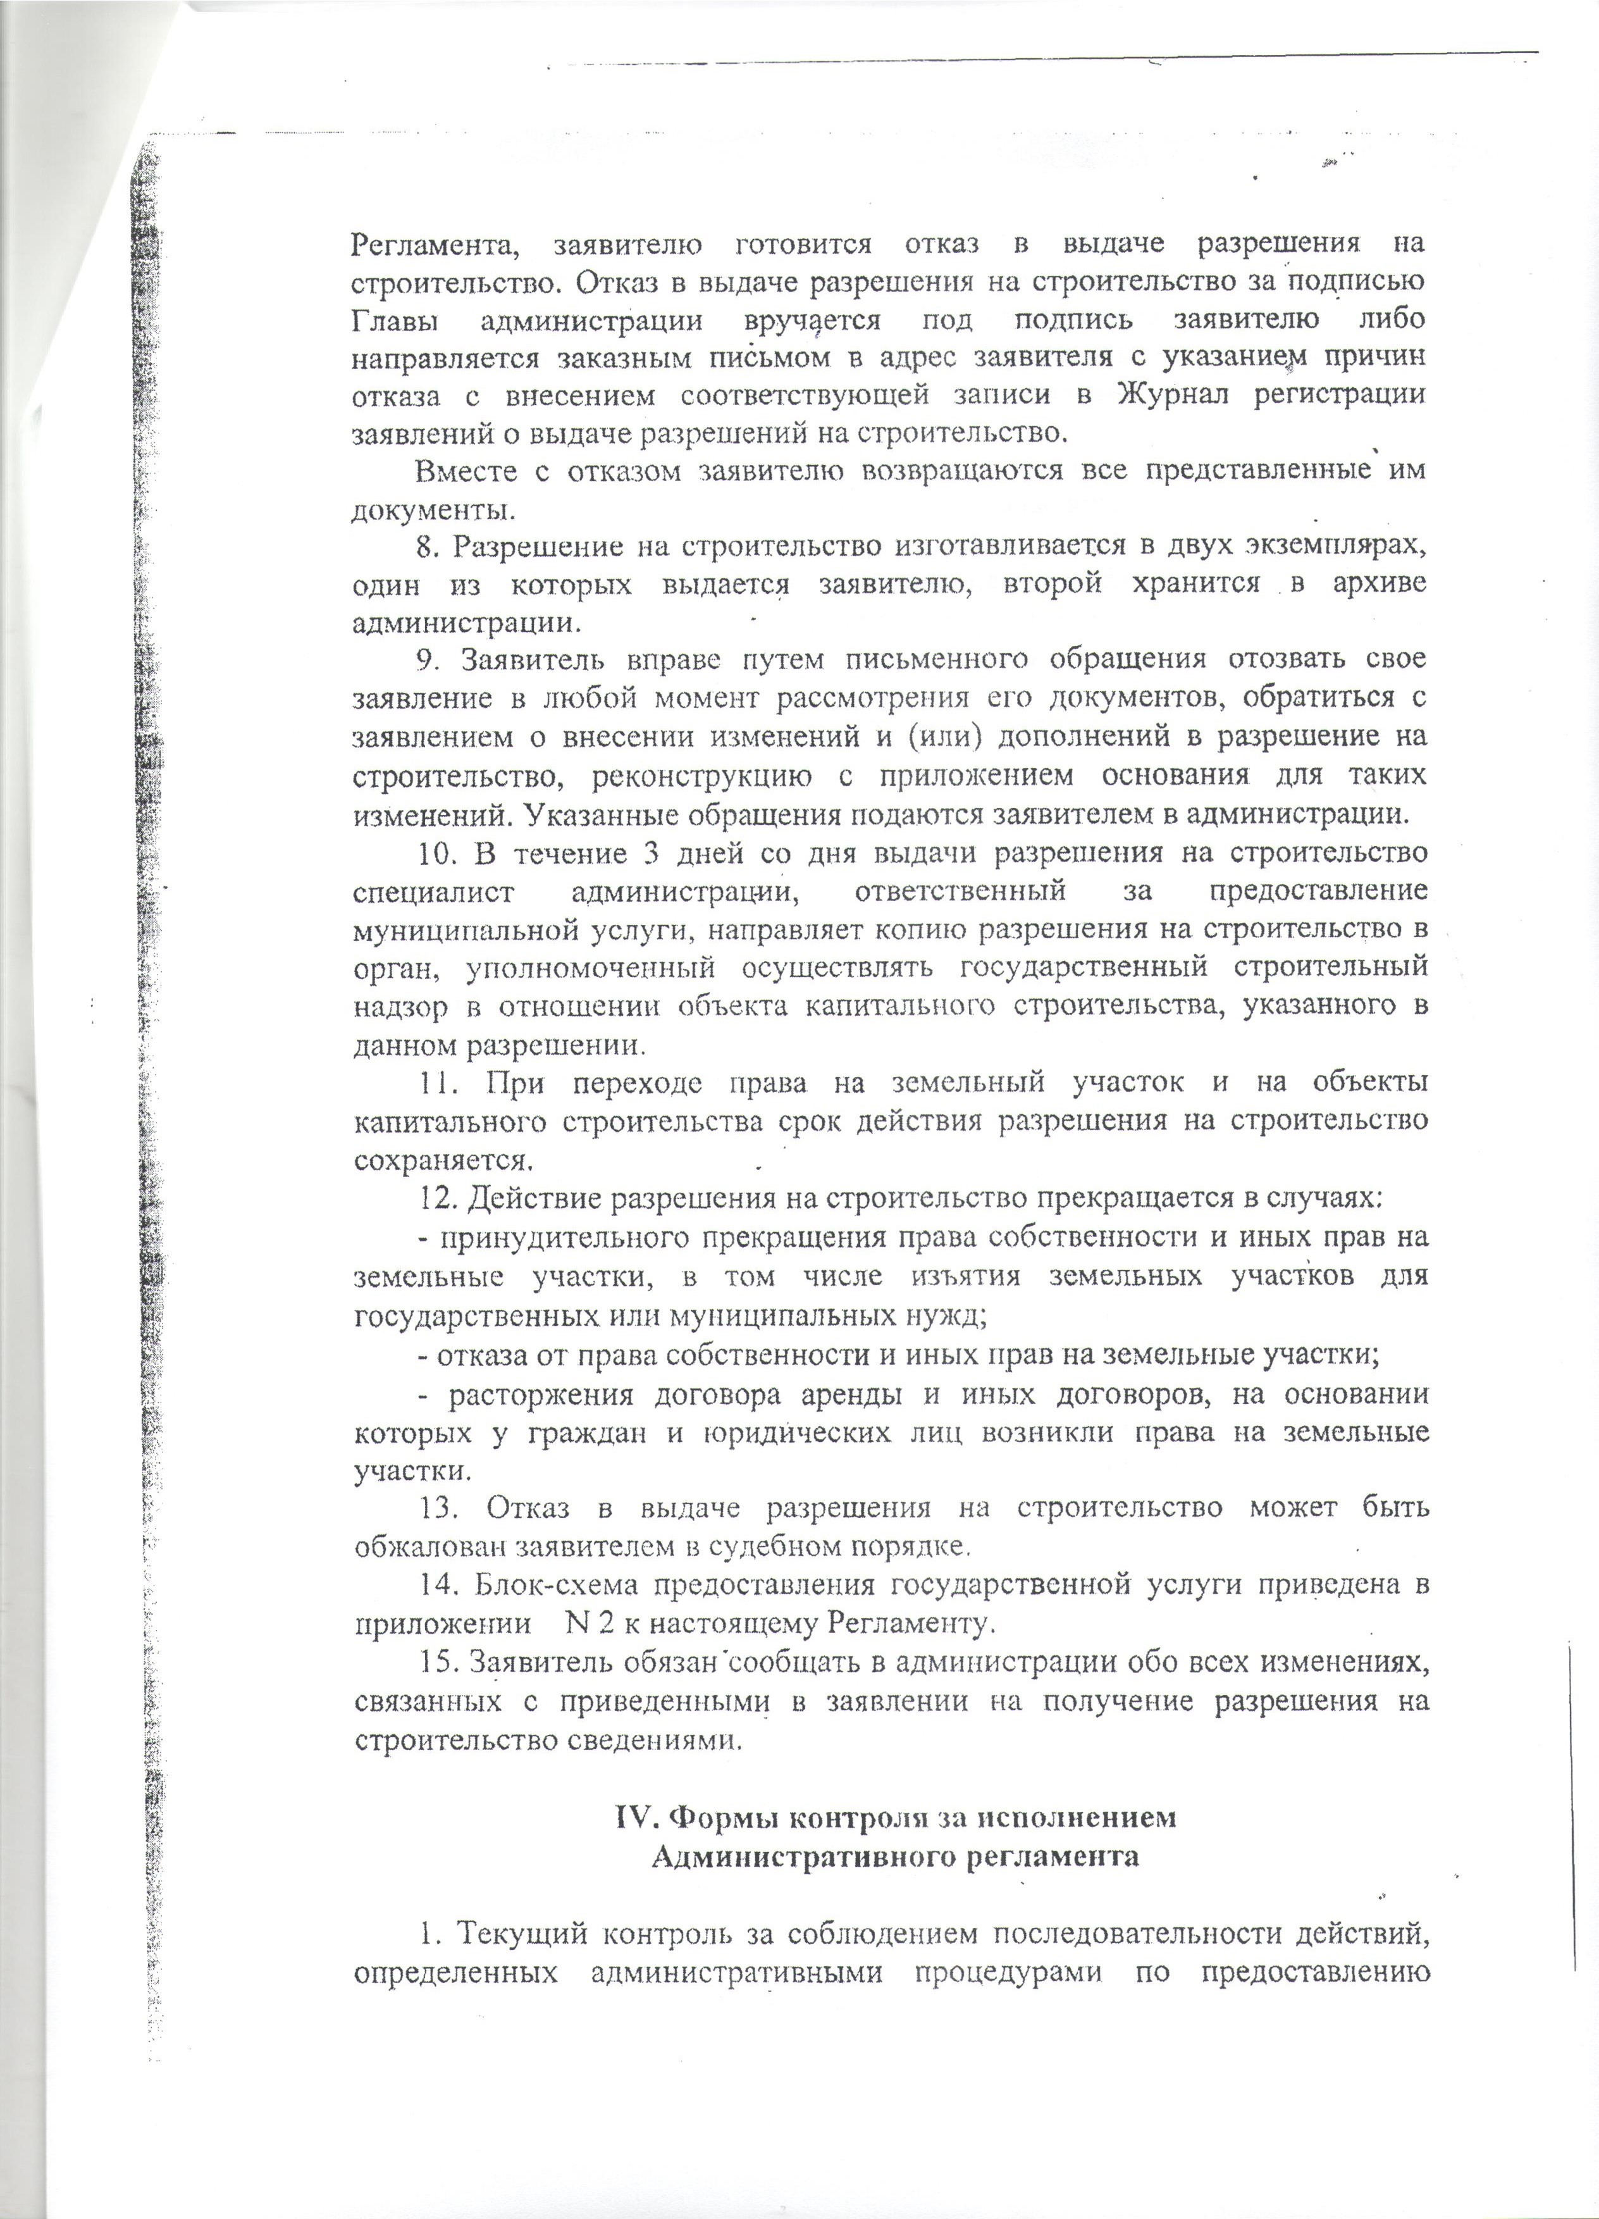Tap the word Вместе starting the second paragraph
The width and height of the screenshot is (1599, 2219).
[464, 471]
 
